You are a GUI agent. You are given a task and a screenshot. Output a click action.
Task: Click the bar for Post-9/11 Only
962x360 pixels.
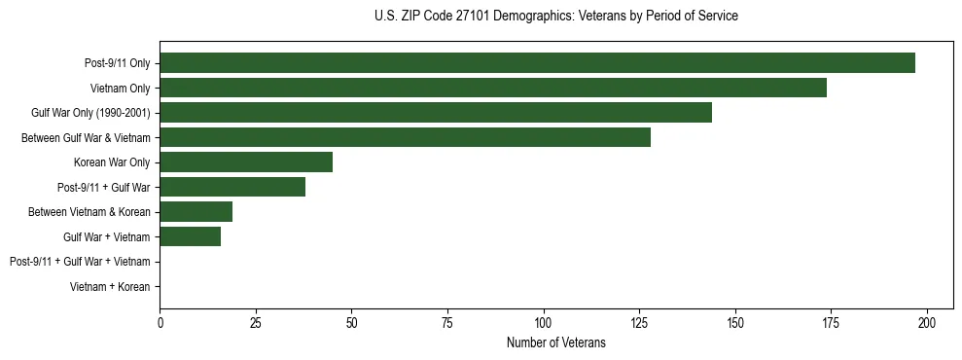pos(537,63)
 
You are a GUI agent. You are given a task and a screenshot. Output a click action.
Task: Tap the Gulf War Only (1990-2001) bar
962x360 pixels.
pos(436,113)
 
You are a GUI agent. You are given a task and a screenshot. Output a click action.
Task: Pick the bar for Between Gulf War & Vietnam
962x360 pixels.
pos(405,137)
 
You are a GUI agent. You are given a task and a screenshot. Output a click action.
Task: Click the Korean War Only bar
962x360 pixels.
pos(246,162)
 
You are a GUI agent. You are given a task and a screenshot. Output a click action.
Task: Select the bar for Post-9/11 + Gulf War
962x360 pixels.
pos(232,187)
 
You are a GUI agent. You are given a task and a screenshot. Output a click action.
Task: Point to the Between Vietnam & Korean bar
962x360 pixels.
pos(196,212)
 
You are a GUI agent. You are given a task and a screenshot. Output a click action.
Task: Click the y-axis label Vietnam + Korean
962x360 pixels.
pos(110,287)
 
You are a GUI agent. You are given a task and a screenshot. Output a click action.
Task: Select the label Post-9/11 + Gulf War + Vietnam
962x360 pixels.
pos(80,262)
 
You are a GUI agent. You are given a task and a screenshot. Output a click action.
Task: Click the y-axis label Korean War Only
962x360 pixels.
pos(112,162)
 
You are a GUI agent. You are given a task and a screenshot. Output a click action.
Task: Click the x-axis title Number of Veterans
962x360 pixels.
pos(555,342)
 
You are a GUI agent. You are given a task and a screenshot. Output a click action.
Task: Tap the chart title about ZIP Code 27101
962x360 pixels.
pos(555,17)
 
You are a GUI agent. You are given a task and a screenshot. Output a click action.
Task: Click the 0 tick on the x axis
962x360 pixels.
pos(160,322)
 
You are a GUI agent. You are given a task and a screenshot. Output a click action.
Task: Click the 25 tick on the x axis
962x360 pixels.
pos(256,322)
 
